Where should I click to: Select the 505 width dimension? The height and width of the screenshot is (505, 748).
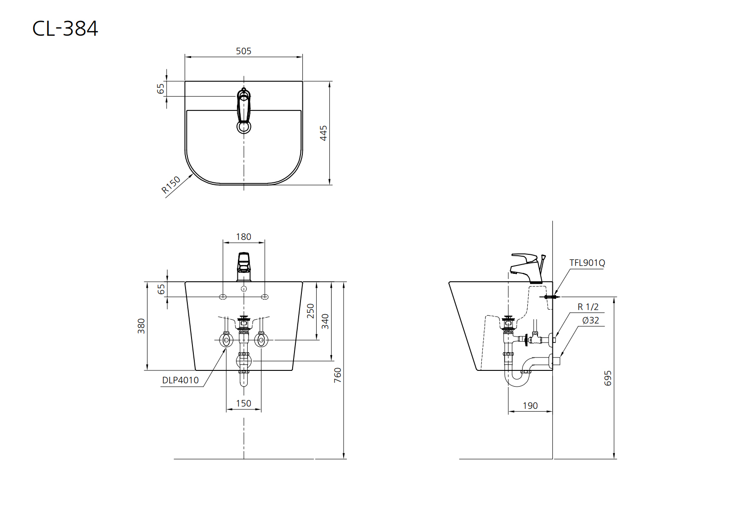(243, 51)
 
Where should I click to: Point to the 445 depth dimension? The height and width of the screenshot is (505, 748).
(323, 133)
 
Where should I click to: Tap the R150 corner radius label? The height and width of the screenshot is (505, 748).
(171, 185)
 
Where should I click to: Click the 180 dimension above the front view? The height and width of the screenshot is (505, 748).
(243, 237)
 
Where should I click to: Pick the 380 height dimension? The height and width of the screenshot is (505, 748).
(141, 326)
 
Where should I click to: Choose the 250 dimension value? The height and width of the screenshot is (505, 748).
(311, 311)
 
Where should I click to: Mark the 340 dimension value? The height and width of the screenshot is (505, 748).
(325, 321)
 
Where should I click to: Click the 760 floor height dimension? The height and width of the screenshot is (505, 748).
(338, 375)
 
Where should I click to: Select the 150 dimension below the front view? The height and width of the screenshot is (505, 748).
(243, 403)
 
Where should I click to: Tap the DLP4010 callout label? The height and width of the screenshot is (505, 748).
(180, 380)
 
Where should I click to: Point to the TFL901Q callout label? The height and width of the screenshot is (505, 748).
(587, 263)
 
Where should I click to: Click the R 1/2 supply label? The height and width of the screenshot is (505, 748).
(588, 307)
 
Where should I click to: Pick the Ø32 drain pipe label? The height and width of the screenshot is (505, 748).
(591, 321)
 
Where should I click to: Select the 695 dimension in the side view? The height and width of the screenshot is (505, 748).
(608, 378)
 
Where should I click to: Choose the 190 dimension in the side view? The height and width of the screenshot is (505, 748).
(531, 406)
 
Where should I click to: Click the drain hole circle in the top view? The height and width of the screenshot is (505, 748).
(244, 127)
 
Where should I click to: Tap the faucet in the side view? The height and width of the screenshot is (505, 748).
(528, 269)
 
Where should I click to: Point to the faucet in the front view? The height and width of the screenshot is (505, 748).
(244, 267)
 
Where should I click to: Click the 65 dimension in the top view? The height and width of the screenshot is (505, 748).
(160, 89)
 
